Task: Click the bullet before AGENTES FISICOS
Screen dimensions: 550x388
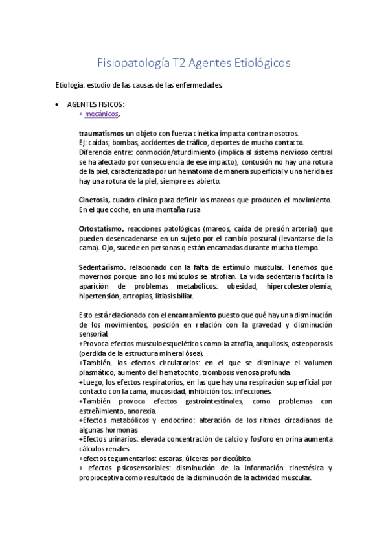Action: (58, 104)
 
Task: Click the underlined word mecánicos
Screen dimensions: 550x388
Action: (102, 114)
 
